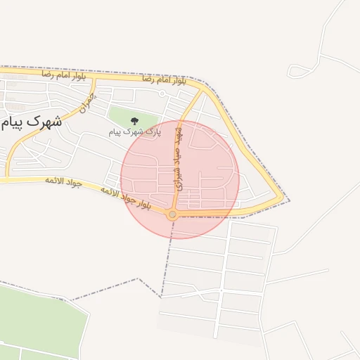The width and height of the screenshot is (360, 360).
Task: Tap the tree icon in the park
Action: point(135,122)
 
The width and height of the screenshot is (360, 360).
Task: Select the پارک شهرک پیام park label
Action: point(135,131)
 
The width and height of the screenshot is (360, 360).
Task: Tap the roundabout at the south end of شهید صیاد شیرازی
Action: point(173,214)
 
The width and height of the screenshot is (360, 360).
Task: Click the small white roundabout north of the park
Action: point(162,94)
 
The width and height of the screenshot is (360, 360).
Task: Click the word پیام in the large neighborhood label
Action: point(14,122)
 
